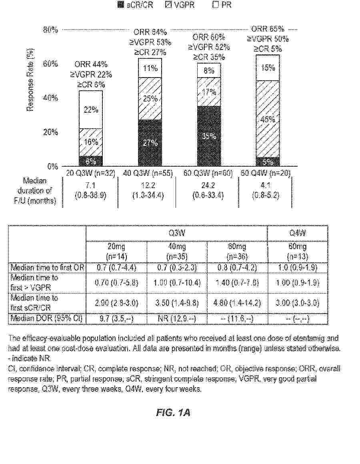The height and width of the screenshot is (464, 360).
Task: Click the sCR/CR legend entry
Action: coord(136,6)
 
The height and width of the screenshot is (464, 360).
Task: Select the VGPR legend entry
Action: coord(180,6)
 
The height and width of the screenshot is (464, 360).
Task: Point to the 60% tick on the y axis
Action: coord(50,64)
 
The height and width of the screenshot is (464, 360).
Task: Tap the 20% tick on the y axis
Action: coord(50,132)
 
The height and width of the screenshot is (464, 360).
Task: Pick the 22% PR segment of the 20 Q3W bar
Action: coord(91,110)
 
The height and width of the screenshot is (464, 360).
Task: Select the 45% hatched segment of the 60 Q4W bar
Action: coord(268,119)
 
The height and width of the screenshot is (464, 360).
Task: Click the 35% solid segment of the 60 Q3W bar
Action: coord(209,136)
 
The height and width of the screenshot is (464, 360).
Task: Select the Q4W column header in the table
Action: coord(298,233)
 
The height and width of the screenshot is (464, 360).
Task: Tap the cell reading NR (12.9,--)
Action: coord(177,319)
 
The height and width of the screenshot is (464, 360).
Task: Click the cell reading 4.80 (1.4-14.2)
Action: coord(237,303)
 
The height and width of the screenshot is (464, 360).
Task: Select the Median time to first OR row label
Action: coord(47,267)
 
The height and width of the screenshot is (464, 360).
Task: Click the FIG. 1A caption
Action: coord(173,412)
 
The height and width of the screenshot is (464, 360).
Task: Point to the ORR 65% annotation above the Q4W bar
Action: coord(268,29)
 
